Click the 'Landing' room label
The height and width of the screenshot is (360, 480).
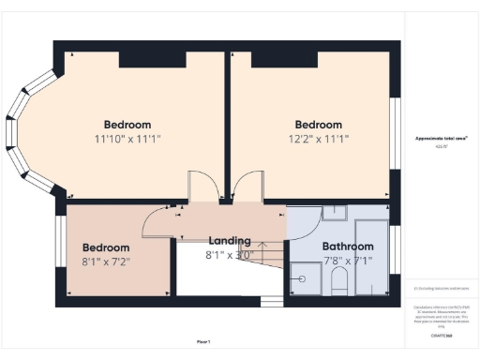pos(229,241)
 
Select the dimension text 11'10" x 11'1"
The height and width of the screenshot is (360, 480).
pos(127,139)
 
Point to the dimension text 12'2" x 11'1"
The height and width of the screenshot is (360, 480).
pos(319,139)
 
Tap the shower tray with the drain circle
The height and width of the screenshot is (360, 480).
pos(304,277)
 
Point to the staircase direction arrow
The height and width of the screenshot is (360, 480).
pos(258,253)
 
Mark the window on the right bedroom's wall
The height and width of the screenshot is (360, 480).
pos(393,131)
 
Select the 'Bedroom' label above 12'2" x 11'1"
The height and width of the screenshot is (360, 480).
pos(319,125)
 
